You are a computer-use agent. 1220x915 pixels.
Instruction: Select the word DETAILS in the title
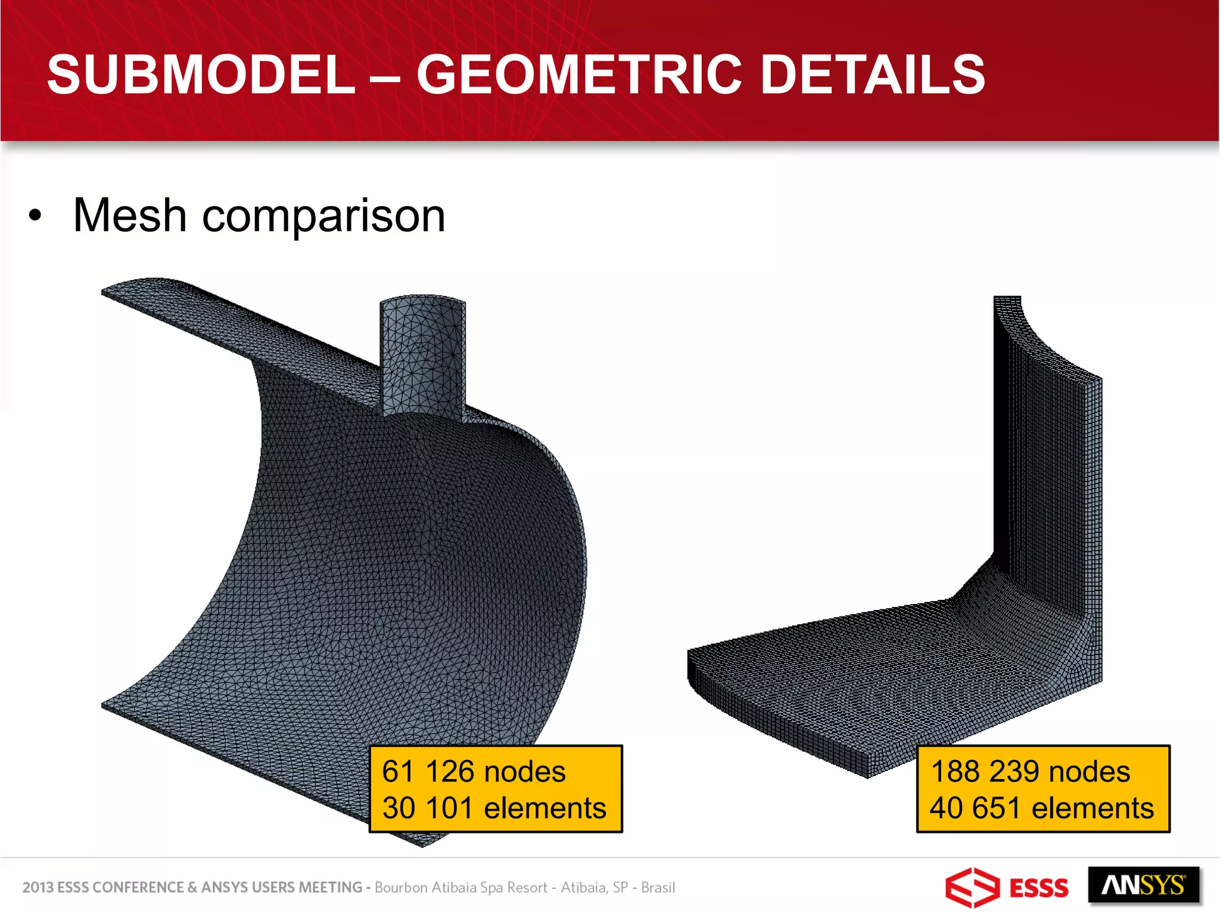pos(873,74)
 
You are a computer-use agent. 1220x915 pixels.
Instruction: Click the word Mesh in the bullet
pos(130,216)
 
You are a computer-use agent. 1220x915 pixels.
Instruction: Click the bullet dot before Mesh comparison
pos(35,216)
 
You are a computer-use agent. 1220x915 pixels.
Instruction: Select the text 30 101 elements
pos(494,808)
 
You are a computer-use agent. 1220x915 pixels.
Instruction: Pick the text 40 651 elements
pos(1042,808)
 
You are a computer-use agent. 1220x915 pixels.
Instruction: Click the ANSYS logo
pos(1143,886)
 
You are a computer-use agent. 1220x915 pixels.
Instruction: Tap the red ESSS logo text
pos(1040,888)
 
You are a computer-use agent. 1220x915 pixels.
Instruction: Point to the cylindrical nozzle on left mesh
pos(422,357)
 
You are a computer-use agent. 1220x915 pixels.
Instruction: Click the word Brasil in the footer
pos(658,888)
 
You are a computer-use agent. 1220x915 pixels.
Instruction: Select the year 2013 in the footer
pos(38,888)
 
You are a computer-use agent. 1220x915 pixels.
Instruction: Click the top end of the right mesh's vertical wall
pos(1007,301)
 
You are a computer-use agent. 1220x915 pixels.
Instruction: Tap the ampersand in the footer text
pos(192,888)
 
